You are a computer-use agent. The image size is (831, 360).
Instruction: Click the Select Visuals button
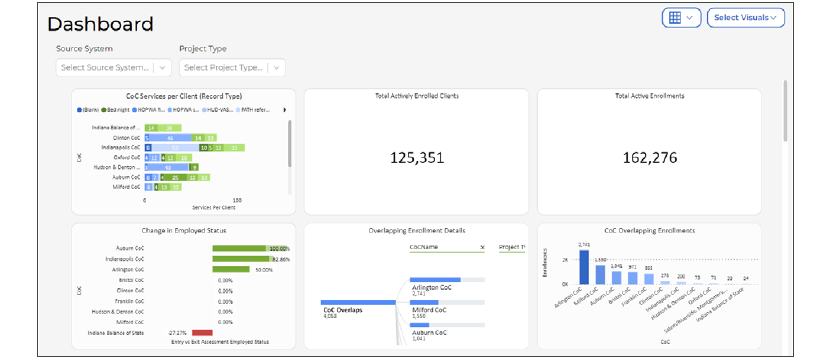click(x=745, y=17)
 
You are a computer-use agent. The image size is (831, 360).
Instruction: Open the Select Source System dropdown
click(x=113, y=67)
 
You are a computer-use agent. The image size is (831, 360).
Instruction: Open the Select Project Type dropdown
click(x=231, y=67)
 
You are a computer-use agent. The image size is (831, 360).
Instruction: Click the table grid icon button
click(x=681, y=17)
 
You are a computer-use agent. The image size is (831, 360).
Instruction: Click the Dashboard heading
click(x=100, y=24)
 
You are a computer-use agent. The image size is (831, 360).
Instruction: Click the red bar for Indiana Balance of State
click(x=202, y=332)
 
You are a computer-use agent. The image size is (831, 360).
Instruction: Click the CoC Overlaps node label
click(x=342, y=309)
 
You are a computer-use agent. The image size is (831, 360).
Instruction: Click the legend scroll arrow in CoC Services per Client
click(x=285, y=109)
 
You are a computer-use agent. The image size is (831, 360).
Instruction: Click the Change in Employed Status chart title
click(x=183, y=230)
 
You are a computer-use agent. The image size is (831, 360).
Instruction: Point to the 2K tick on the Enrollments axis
click(x=564, y=260)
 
